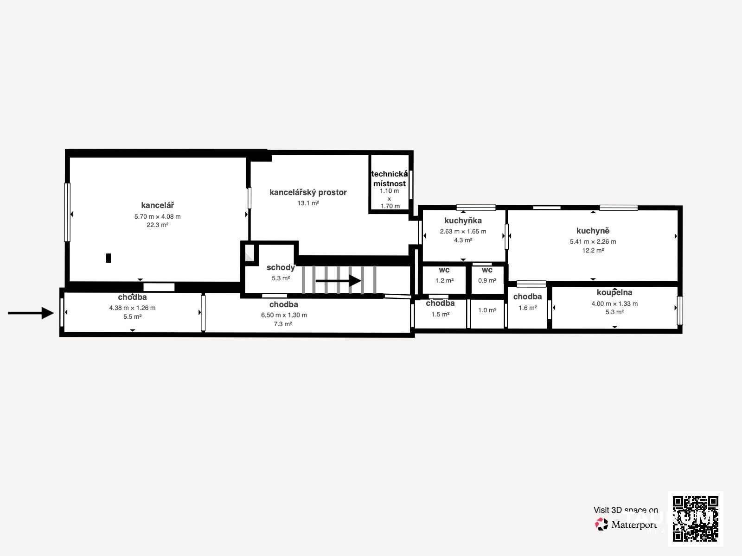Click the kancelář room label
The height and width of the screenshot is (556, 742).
[x=158, y=205]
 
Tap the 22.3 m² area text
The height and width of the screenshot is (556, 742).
[x=158, y=225]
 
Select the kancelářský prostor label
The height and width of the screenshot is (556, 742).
[x=308, y=192]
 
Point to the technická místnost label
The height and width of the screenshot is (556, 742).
[x=390, y=178]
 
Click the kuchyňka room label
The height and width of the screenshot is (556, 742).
[x=463, y=221]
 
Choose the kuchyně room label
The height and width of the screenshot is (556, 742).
[x=593, y=231]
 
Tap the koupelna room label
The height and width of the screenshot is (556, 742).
[x=614, y=292]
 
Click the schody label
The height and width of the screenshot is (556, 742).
[x=281, y=268]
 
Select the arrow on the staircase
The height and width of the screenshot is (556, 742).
[x=339, y=280]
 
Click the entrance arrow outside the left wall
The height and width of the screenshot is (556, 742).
[x=31, y=313]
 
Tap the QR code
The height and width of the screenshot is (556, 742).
[x=696, y=519]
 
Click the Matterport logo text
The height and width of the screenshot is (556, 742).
[x=634, y=524]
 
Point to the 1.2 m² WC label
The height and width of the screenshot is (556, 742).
[x=444, y=280]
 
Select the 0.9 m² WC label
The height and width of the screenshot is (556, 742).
[x=487, y=280]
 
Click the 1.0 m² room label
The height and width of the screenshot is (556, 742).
[x=487, y=310]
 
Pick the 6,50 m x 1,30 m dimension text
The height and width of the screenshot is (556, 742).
[x=284, y=316]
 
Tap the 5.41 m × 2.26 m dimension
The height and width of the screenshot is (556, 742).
[x=593, y=242]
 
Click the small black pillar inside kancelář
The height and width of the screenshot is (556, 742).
[x=109, y=258]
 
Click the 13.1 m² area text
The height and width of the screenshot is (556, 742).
[x=308, y=203]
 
